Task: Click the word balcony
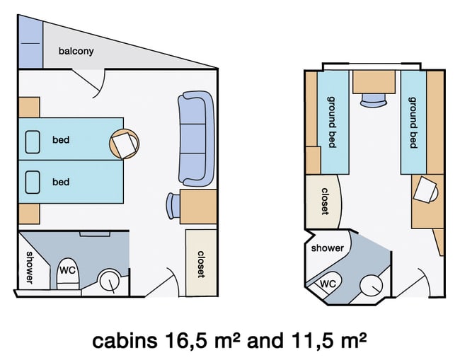click(x=76, y=51)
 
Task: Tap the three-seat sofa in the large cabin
click(x=195, y=139)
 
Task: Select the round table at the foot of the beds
click(x=124, y=144)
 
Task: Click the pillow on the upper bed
click(x=33, y=142)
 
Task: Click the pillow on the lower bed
click(x=33, y=182)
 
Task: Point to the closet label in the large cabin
click(x=201, y=264)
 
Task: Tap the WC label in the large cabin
click(x=68, y=270)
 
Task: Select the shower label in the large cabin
click(x=29, y=267)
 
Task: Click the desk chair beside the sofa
click(x=173, y=206)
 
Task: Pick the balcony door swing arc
click(x=100, y=84)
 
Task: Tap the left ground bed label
click(x=331, y=122)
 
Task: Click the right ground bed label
click(x=413, y=122)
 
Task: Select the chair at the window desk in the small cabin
click(x=374, y=100)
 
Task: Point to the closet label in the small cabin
click(x=325, y=202)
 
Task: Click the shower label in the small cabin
click(x=328, y=248)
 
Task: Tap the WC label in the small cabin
click(x=328, y=284)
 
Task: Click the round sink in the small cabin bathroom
click(x=371, y=285)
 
